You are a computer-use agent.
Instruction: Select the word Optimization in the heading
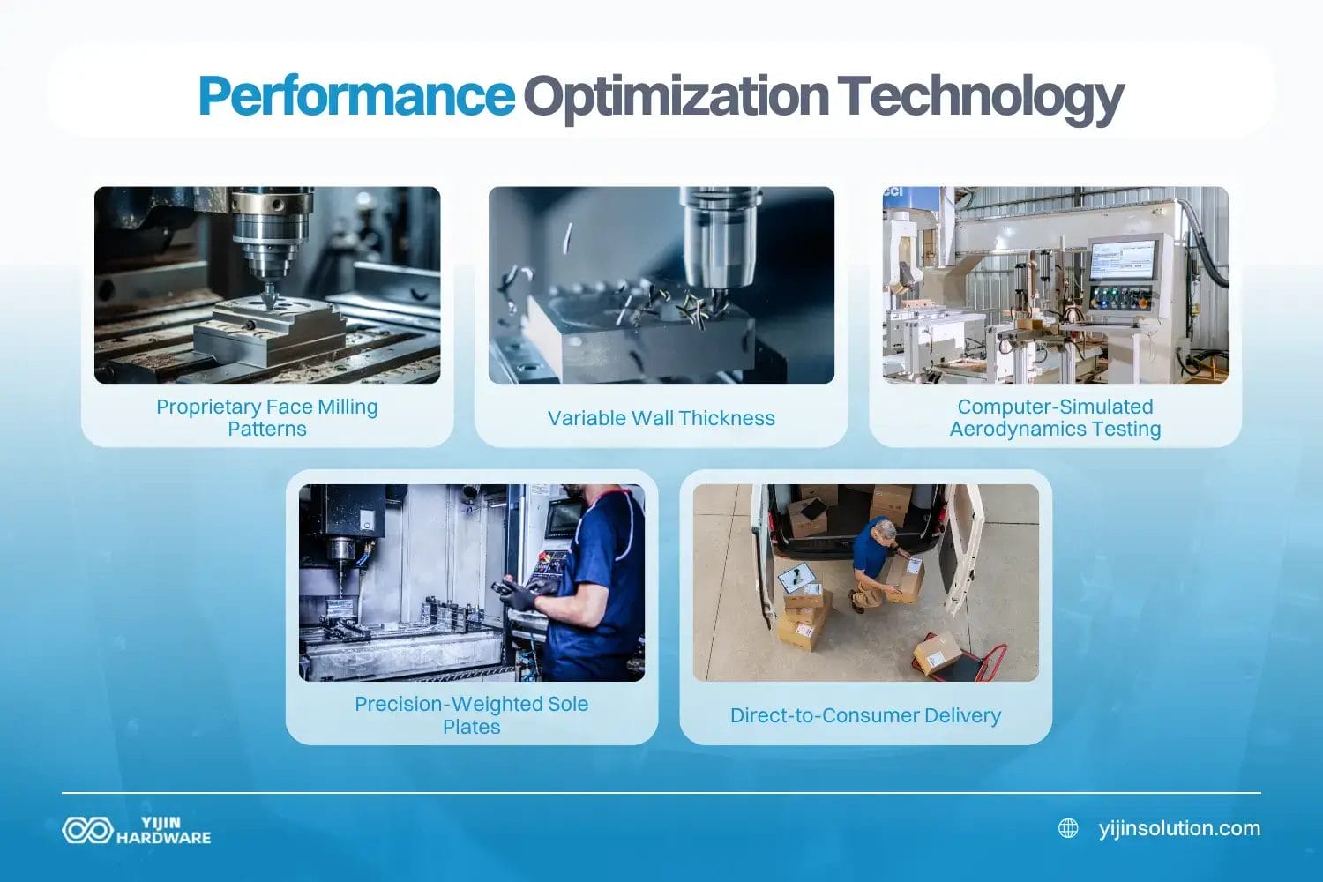[x=676, y=97]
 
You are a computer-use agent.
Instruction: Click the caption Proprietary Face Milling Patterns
[x=267, y=418]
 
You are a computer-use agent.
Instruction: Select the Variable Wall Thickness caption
[x=661, y=418]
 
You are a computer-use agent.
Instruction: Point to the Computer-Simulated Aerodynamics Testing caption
[x=1055, y=418]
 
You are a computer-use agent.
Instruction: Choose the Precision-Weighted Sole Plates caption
[x=471, y=715]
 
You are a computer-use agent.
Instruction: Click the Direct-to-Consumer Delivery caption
[x=865, y=715]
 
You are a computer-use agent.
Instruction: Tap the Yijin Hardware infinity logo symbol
[x=86, y=830]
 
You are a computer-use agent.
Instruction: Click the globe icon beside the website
[x=1068, y=828]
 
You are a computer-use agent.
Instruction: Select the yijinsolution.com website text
[x=1179, y=828]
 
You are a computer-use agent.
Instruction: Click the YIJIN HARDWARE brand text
[x=164, y=830]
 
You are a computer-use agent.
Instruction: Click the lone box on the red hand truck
[x=937, y=653]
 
